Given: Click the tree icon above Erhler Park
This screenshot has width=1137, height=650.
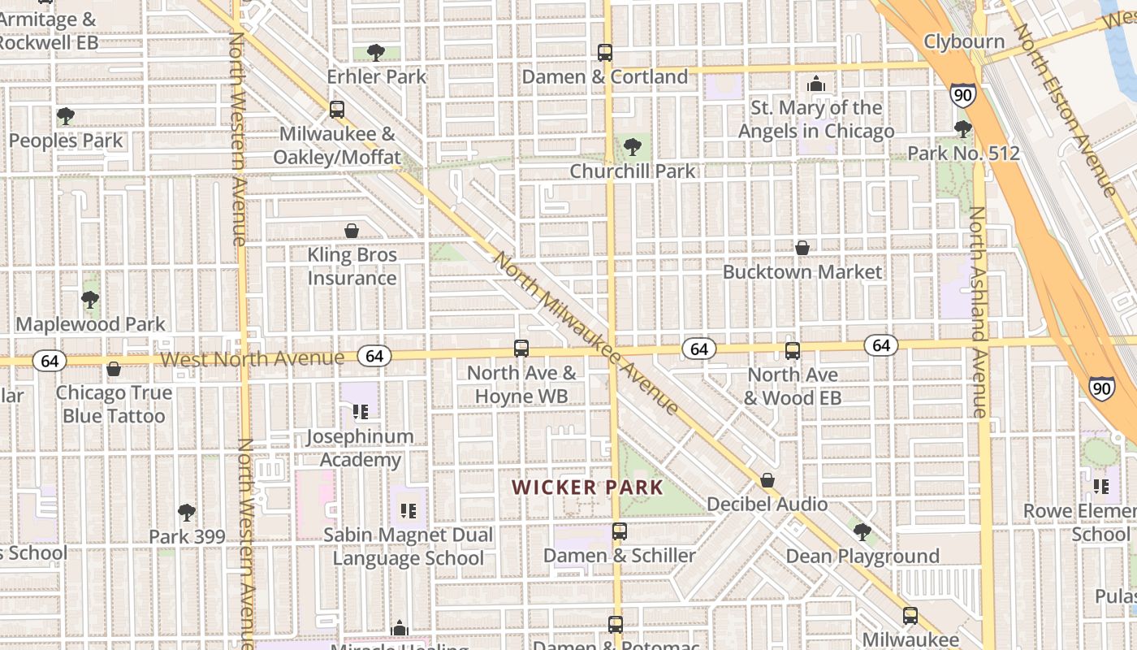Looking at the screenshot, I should (375, 53).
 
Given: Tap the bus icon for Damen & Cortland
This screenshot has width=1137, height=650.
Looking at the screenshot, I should (605, 53).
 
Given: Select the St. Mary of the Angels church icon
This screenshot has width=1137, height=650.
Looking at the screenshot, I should (816, 84).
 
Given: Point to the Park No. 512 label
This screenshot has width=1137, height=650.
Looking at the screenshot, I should (963, 153).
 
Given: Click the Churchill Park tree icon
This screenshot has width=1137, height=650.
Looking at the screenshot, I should (633, 147).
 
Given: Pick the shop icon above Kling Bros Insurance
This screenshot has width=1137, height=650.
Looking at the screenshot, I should (352, 231).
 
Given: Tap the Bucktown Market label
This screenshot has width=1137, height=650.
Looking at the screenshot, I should (802, 271).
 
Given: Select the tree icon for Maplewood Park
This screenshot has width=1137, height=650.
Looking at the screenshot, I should (90, 300).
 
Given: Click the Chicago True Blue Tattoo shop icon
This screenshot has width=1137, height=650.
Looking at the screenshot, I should (114, 369).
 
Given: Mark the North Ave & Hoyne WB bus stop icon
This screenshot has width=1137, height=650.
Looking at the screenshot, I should (521, 349).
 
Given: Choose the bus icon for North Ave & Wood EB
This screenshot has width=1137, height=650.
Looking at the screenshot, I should (793, 351).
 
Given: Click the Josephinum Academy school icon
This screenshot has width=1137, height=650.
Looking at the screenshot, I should (361, 412).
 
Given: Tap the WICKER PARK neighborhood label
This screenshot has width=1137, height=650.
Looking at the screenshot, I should (587, 487).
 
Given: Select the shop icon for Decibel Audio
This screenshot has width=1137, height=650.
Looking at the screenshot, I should (767, 480).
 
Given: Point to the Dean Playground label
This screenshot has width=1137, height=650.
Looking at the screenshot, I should (862, 557).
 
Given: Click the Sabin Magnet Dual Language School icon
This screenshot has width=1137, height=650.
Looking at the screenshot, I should (409, 511).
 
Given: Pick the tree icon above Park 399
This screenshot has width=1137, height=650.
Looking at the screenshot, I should (187, 513).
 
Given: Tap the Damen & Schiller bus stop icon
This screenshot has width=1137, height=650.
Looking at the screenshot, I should (620, 532).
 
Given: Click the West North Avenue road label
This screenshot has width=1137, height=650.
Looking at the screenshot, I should (252, 358).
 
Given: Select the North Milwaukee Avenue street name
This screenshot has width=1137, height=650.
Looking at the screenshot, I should (585, 333).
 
